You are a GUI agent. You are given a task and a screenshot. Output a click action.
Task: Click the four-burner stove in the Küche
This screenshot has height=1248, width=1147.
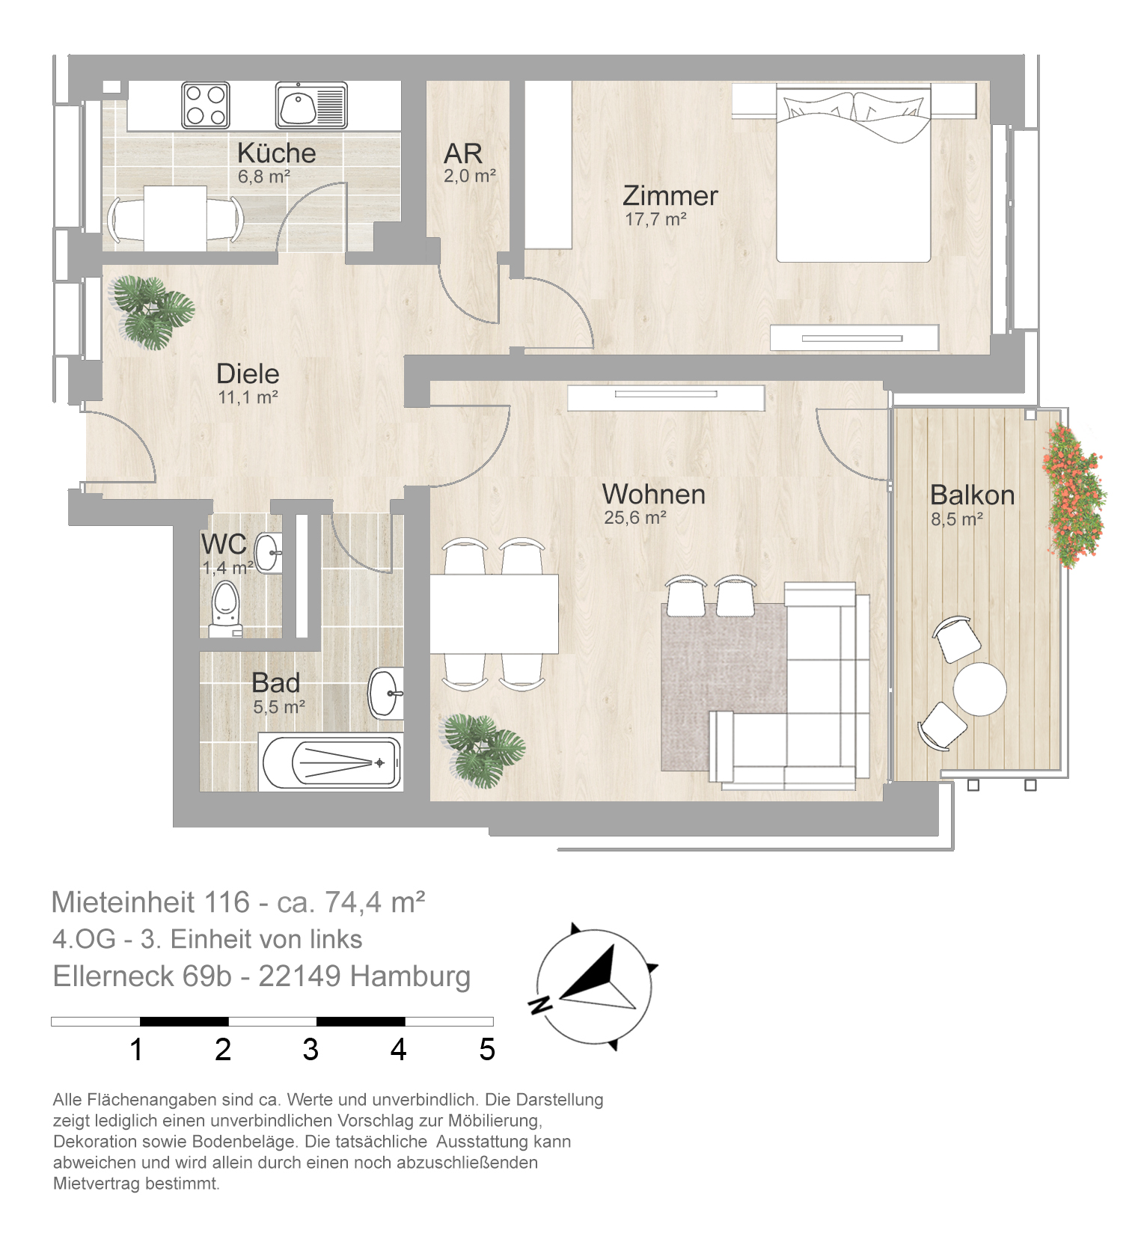coord(205,105)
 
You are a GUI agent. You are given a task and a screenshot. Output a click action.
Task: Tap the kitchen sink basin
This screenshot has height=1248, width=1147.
coord(298,105)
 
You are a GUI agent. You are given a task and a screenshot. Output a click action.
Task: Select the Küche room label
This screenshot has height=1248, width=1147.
coord(276,153)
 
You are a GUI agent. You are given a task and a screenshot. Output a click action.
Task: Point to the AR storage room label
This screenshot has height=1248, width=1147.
coord(462,153)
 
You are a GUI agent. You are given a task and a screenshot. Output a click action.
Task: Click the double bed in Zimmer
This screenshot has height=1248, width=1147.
coord(853,174)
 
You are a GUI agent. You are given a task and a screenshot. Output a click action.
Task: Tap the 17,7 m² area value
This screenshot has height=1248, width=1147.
coord(656,219)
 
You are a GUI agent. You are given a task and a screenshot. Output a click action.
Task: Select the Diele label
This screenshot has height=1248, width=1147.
coord(248,373)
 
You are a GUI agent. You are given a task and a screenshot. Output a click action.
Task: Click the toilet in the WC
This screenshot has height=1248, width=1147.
coord(224,608)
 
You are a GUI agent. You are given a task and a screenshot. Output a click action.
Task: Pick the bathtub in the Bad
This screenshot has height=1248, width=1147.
coord(331,762)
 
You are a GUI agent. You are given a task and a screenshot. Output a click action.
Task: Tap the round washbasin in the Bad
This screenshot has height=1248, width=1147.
coord(386,693)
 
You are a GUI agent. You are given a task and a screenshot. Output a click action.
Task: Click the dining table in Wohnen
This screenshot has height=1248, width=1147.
coord(494,614)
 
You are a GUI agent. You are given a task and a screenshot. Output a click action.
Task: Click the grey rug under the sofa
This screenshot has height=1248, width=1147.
coord(722,687)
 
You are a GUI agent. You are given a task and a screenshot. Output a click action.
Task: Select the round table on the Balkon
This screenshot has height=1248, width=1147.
coord(979,688)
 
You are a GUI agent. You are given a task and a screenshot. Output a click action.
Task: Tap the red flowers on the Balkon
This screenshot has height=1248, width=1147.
coord(1074,495)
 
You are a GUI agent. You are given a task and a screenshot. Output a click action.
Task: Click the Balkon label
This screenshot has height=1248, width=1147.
coord(972,495)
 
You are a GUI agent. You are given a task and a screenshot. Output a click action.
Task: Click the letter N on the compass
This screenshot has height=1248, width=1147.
coord(539,1004)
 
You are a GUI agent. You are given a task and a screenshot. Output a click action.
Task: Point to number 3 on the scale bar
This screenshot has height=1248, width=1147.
coord(311,1050)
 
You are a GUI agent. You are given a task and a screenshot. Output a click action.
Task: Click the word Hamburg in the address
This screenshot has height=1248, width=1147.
coord(410,976)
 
